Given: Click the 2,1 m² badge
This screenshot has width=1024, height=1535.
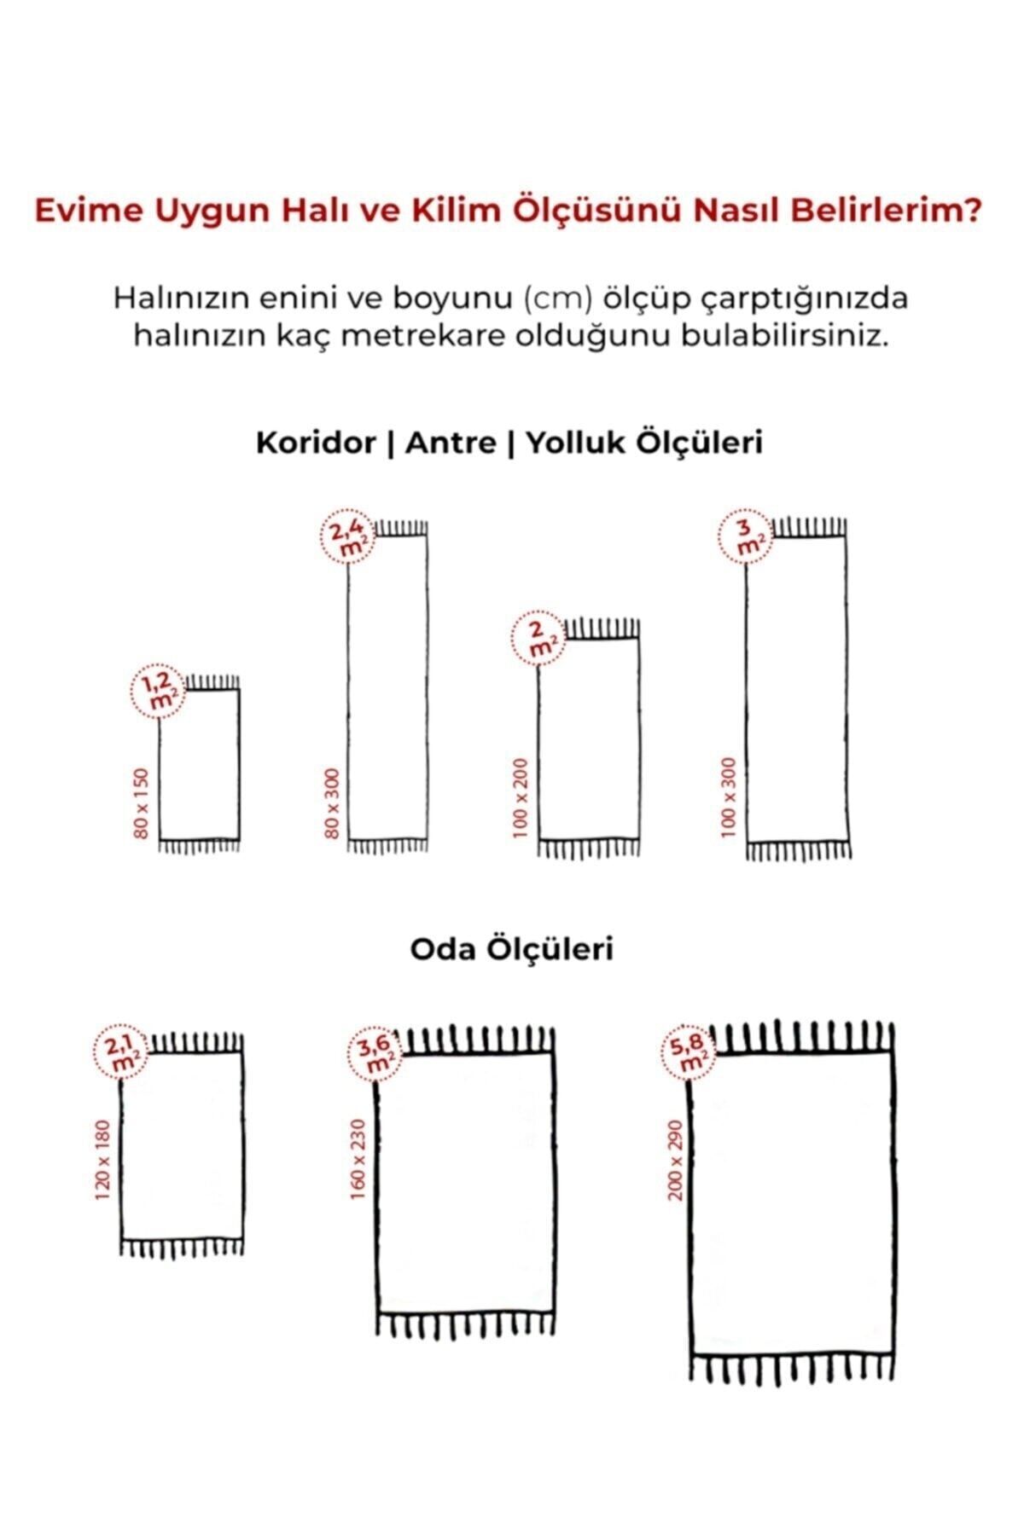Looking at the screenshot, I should click(x=120, y=1055).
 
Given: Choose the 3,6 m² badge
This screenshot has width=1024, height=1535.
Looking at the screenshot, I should click(x=375, y=1054).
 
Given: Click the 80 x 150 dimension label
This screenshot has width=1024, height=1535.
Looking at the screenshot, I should click(x=142, y=802).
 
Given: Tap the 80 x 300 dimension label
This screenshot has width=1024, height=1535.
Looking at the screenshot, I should click(x=333, y=802).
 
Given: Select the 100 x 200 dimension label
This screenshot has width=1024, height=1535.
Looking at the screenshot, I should click(x=522, y=797).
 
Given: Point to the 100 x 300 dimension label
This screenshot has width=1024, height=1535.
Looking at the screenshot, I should click(x=728, y=797).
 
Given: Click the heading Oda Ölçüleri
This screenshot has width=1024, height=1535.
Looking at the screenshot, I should click(x=511, y=949).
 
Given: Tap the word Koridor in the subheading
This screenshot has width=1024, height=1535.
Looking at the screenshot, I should click(x=315, y=443).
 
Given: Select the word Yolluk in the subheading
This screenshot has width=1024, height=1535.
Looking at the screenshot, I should click(x=579, y=443).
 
